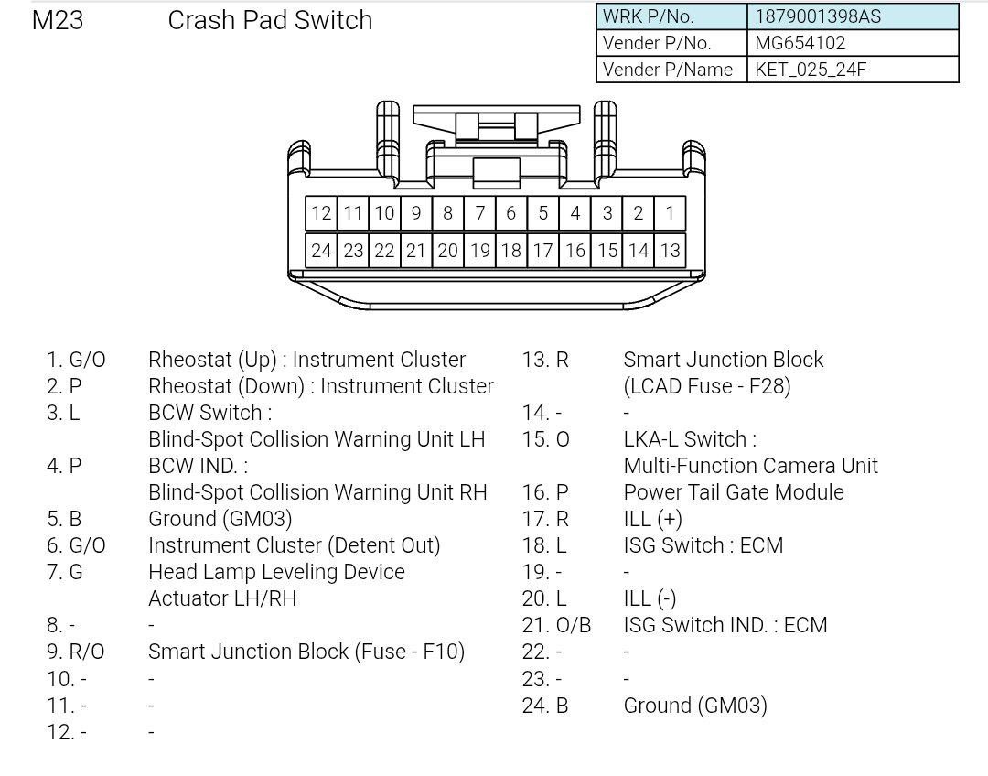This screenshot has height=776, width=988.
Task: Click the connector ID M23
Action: [58, 20]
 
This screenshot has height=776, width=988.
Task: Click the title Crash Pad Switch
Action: [270, 20]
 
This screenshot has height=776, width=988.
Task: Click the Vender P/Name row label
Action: [668, 70]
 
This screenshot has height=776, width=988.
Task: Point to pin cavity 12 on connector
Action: [321, 213]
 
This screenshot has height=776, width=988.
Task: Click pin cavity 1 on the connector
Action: [670, 213]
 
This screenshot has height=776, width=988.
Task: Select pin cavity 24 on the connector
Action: [321, 251]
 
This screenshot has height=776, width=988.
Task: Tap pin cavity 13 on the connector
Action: [670, 251]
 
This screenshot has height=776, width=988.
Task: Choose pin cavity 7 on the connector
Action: [479, 213]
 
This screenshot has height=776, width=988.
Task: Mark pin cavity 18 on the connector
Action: [510, 251]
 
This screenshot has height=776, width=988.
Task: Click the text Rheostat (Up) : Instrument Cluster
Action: [306, 360]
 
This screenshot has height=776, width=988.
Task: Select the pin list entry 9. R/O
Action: [76, 652]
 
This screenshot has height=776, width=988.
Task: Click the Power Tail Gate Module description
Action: [734, 492]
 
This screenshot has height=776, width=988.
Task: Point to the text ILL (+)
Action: [652, 519]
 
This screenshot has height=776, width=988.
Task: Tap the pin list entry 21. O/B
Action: [556, 625]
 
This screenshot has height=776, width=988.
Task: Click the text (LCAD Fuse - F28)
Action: [706, 386]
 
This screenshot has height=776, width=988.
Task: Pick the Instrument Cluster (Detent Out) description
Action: [294, 545]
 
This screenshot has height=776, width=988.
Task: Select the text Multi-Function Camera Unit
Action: [750, 466]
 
